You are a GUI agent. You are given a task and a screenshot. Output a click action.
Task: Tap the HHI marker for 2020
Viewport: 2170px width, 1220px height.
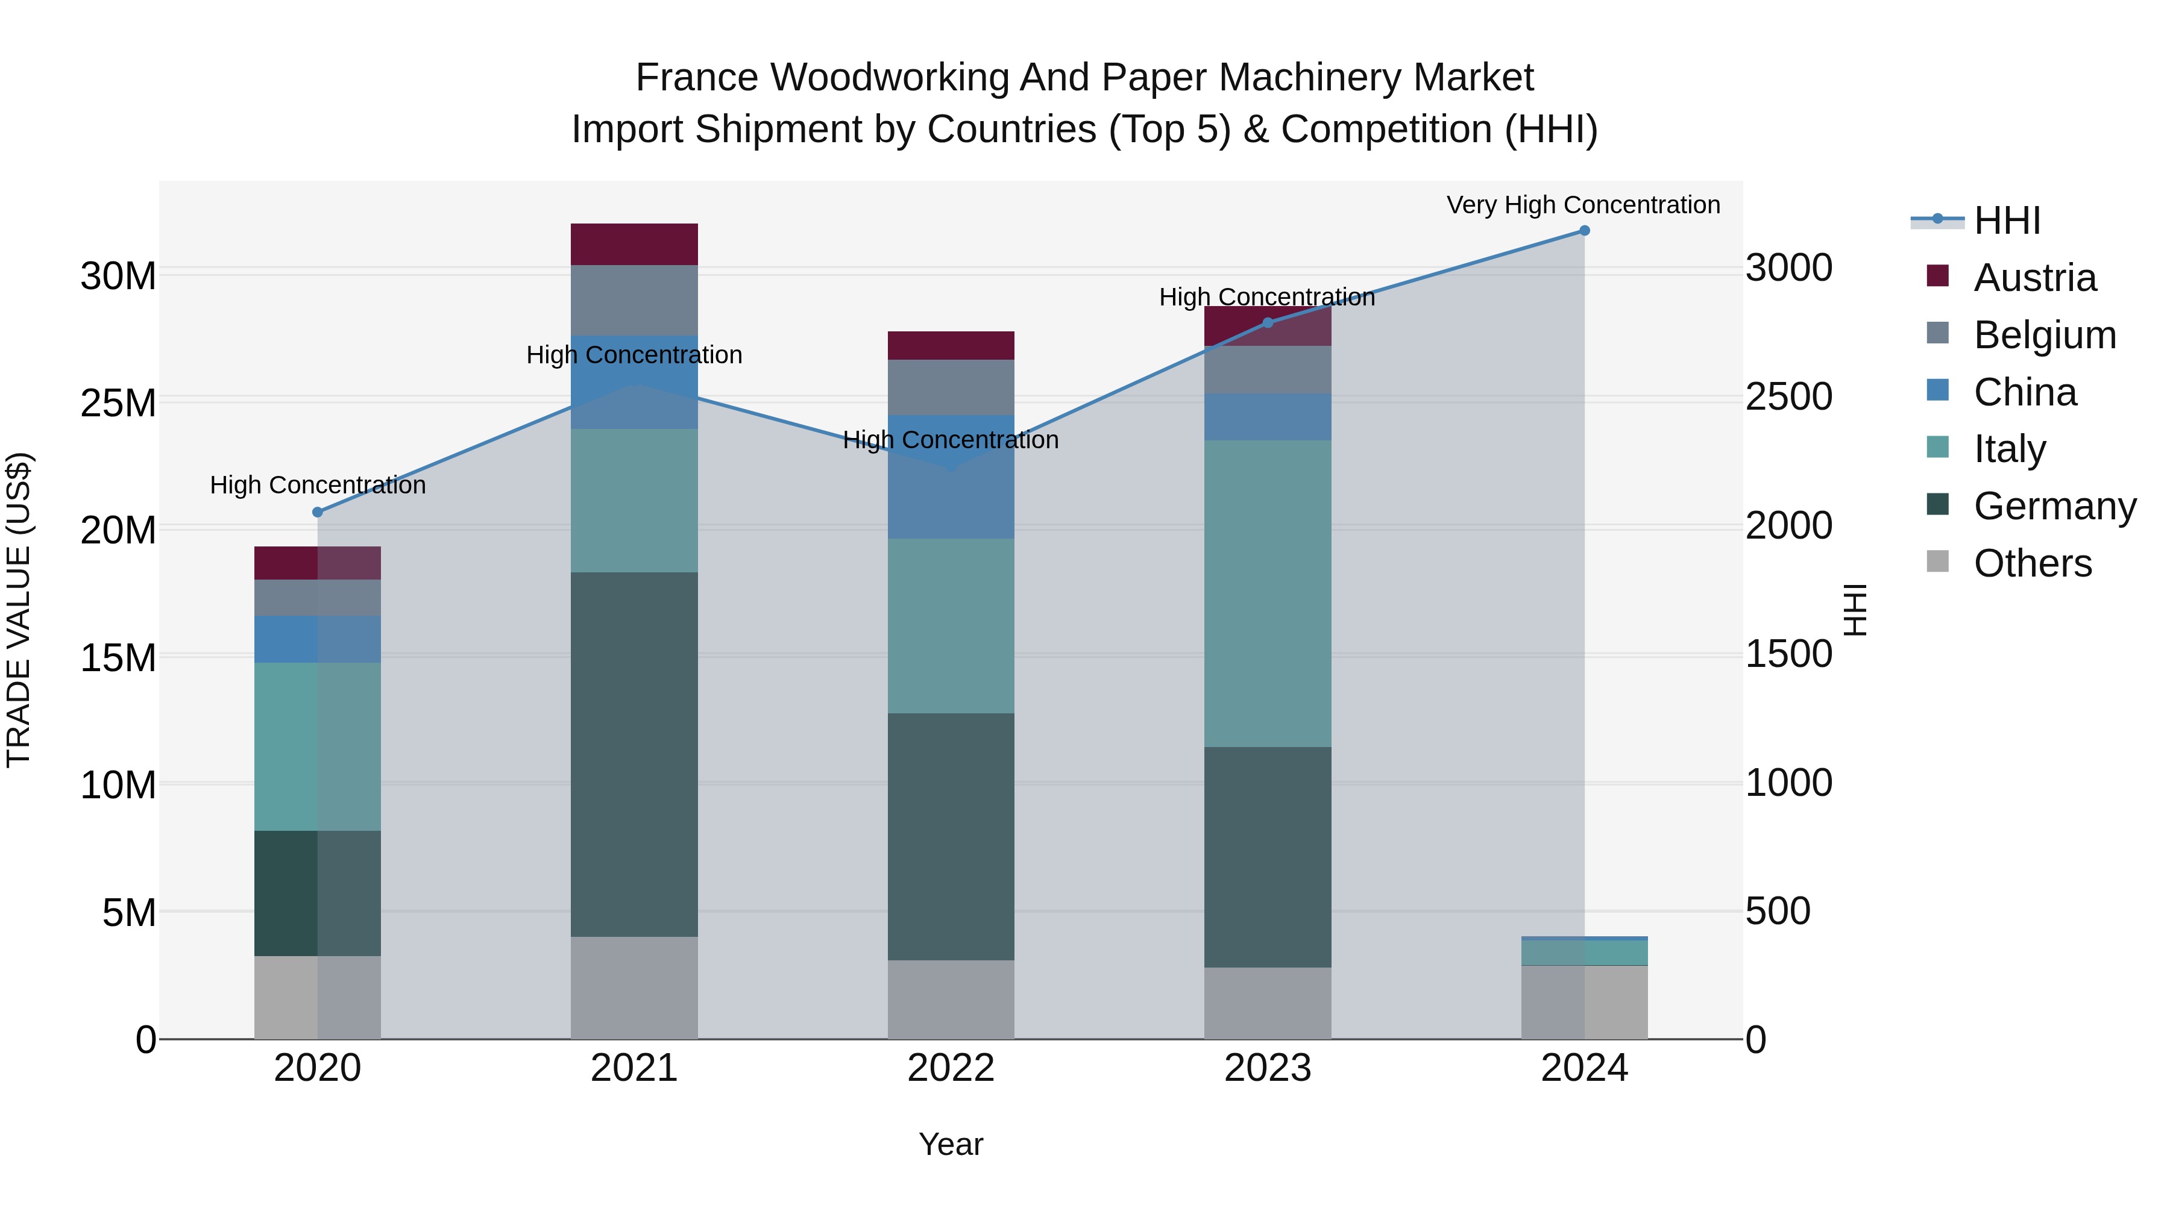click(x=318, y=512)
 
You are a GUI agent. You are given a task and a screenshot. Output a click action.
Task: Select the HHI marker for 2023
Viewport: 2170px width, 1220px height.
click(x=1268, y=322)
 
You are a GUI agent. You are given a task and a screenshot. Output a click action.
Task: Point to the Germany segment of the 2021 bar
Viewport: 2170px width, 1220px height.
click(x=634, y=754)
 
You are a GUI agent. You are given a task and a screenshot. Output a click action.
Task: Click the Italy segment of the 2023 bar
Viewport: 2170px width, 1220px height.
click(x=1268, y=593)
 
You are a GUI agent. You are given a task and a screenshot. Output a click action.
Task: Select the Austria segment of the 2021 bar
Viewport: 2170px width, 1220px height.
click(x=634, y=244)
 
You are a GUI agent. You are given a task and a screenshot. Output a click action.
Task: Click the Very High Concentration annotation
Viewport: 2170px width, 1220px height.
click(x=1583, y=205)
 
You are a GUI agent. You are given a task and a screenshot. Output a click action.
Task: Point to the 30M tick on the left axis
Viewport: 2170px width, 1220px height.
click(x=118, y=276)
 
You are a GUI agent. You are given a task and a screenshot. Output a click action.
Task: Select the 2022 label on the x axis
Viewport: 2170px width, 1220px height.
click(x=951, y=1068)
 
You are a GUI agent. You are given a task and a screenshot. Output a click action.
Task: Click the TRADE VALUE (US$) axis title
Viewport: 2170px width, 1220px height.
click(x=19, y=610)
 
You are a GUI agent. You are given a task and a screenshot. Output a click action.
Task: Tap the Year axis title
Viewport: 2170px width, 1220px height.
click(x=951, y=1144)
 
